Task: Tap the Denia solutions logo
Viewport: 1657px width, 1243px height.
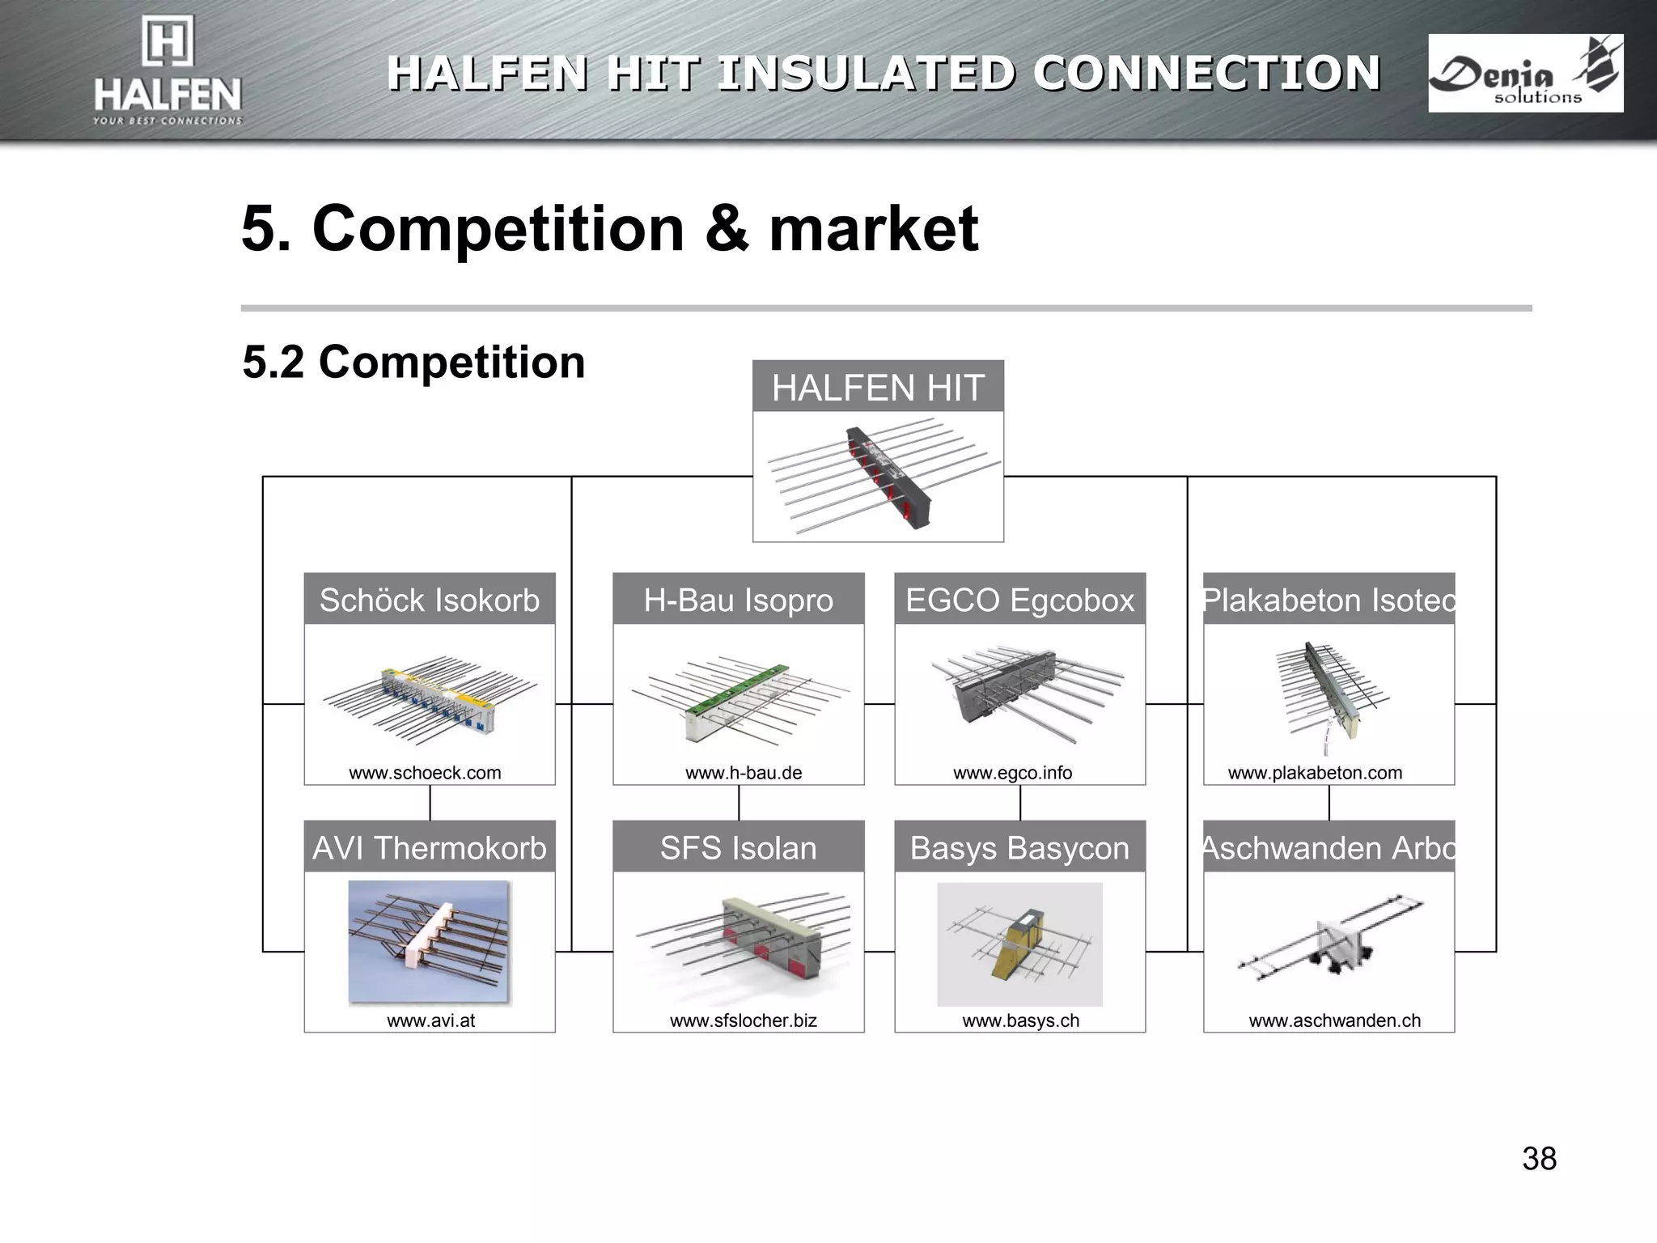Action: (x=1525, y=73)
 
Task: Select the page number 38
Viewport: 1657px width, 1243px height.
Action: (x=1539, y=1159)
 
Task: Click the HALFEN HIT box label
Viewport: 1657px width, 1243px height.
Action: (x=878, y=388)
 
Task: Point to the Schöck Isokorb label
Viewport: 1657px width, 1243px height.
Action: (x=429, y=600)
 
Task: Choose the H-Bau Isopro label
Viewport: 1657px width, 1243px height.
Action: (x=738, y=600)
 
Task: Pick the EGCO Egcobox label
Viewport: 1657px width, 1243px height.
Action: (x=1019, y=600)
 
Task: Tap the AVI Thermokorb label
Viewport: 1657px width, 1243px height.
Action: (x=429, y=848)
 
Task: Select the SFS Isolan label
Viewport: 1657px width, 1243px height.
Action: (x=738, y=848)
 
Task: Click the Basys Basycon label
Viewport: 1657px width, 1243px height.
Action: (x=1019, y=848)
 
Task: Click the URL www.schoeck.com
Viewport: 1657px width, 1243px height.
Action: (x=425, y=773)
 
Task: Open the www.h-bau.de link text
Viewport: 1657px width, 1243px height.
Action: (x=744, y=773)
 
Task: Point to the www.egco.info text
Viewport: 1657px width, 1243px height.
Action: (x=1012, y=773)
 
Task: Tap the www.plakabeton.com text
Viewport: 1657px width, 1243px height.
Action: (x=1315, y=773)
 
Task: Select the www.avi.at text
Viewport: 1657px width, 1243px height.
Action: (x=430, y=1020)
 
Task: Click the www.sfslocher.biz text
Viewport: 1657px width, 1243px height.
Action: (x=743, y=1020)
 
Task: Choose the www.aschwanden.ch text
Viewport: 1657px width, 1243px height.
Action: (x=1334, y=1020)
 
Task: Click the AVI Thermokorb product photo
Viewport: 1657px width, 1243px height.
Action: (x=429, y=943)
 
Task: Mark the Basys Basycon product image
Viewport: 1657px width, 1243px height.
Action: (x=1019, y=944)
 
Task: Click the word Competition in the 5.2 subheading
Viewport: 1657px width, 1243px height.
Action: (x=451, y=362)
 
